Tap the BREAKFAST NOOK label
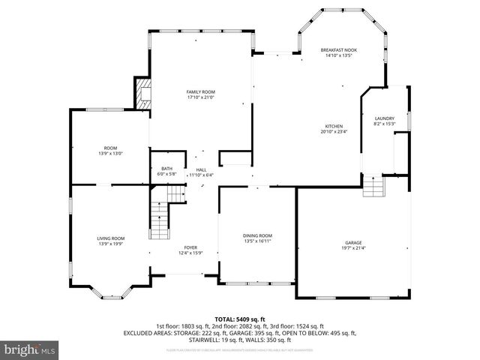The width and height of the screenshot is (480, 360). tap(337, 49)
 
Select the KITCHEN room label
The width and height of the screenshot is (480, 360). tap(334, 126)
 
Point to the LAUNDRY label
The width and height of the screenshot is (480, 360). tap(384, 118)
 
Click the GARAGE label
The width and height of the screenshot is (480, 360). tap(353, 242)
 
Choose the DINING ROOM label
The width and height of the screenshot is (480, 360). tap(257, 235)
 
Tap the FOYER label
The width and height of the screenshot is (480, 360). tap(191, 247)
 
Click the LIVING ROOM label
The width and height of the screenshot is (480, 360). tap(110, 238)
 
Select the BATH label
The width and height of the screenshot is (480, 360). tap(166, 169)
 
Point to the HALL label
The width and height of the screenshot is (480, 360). tap(201, 169)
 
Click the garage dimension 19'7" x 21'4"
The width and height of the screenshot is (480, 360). tap(353, 248)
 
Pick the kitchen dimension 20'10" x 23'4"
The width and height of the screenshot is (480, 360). tap(334, 132)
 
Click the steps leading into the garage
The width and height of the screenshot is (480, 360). tap(373, 187)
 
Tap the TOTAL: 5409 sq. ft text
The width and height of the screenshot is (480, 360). tap(239, 319)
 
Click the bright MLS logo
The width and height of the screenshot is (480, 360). tap(30, 349)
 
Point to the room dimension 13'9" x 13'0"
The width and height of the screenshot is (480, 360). tap(110, 154)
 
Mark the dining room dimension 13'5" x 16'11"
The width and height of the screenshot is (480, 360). tap(257, 241)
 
